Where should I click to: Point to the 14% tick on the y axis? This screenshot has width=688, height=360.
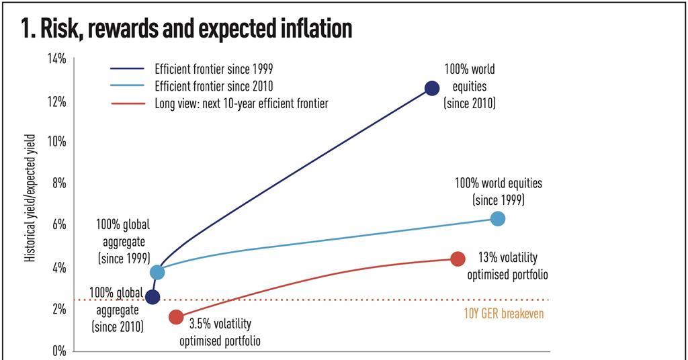(x=56, y=59)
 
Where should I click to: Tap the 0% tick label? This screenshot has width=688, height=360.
(x=58, y=351)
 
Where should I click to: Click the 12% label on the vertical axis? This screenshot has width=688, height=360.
(x=56, y=101)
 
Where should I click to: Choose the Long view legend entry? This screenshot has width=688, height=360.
(x=241, y=103)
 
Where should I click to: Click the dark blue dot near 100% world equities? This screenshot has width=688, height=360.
(x=432, y=88)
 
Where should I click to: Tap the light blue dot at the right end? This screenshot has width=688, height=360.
(x=497, y=218)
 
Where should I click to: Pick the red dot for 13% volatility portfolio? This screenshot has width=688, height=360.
(x=458, y=259)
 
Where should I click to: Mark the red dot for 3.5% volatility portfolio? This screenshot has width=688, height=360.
(x=176, y=317)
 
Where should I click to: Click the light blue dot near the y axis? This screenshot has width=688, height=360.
(x=157, y=272)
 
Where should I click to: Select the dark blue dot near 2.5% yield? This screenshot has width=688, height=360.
(x=153, y=297)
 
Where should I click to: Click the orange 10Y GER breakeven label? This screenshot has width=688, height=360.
(x=503, y=314)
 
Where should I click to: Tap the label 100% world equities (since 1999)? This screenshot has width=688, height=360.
(x=498, y=191)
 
